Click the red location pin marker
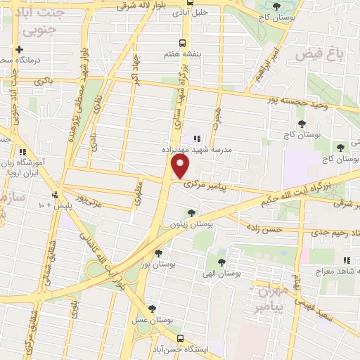(x=181, y=167)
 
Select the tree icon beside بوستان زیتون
(x=192, y=213)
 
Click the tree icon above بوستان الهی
(x=221, y=262)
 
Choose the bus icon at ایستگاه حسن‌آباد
(x=181, y=338)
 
